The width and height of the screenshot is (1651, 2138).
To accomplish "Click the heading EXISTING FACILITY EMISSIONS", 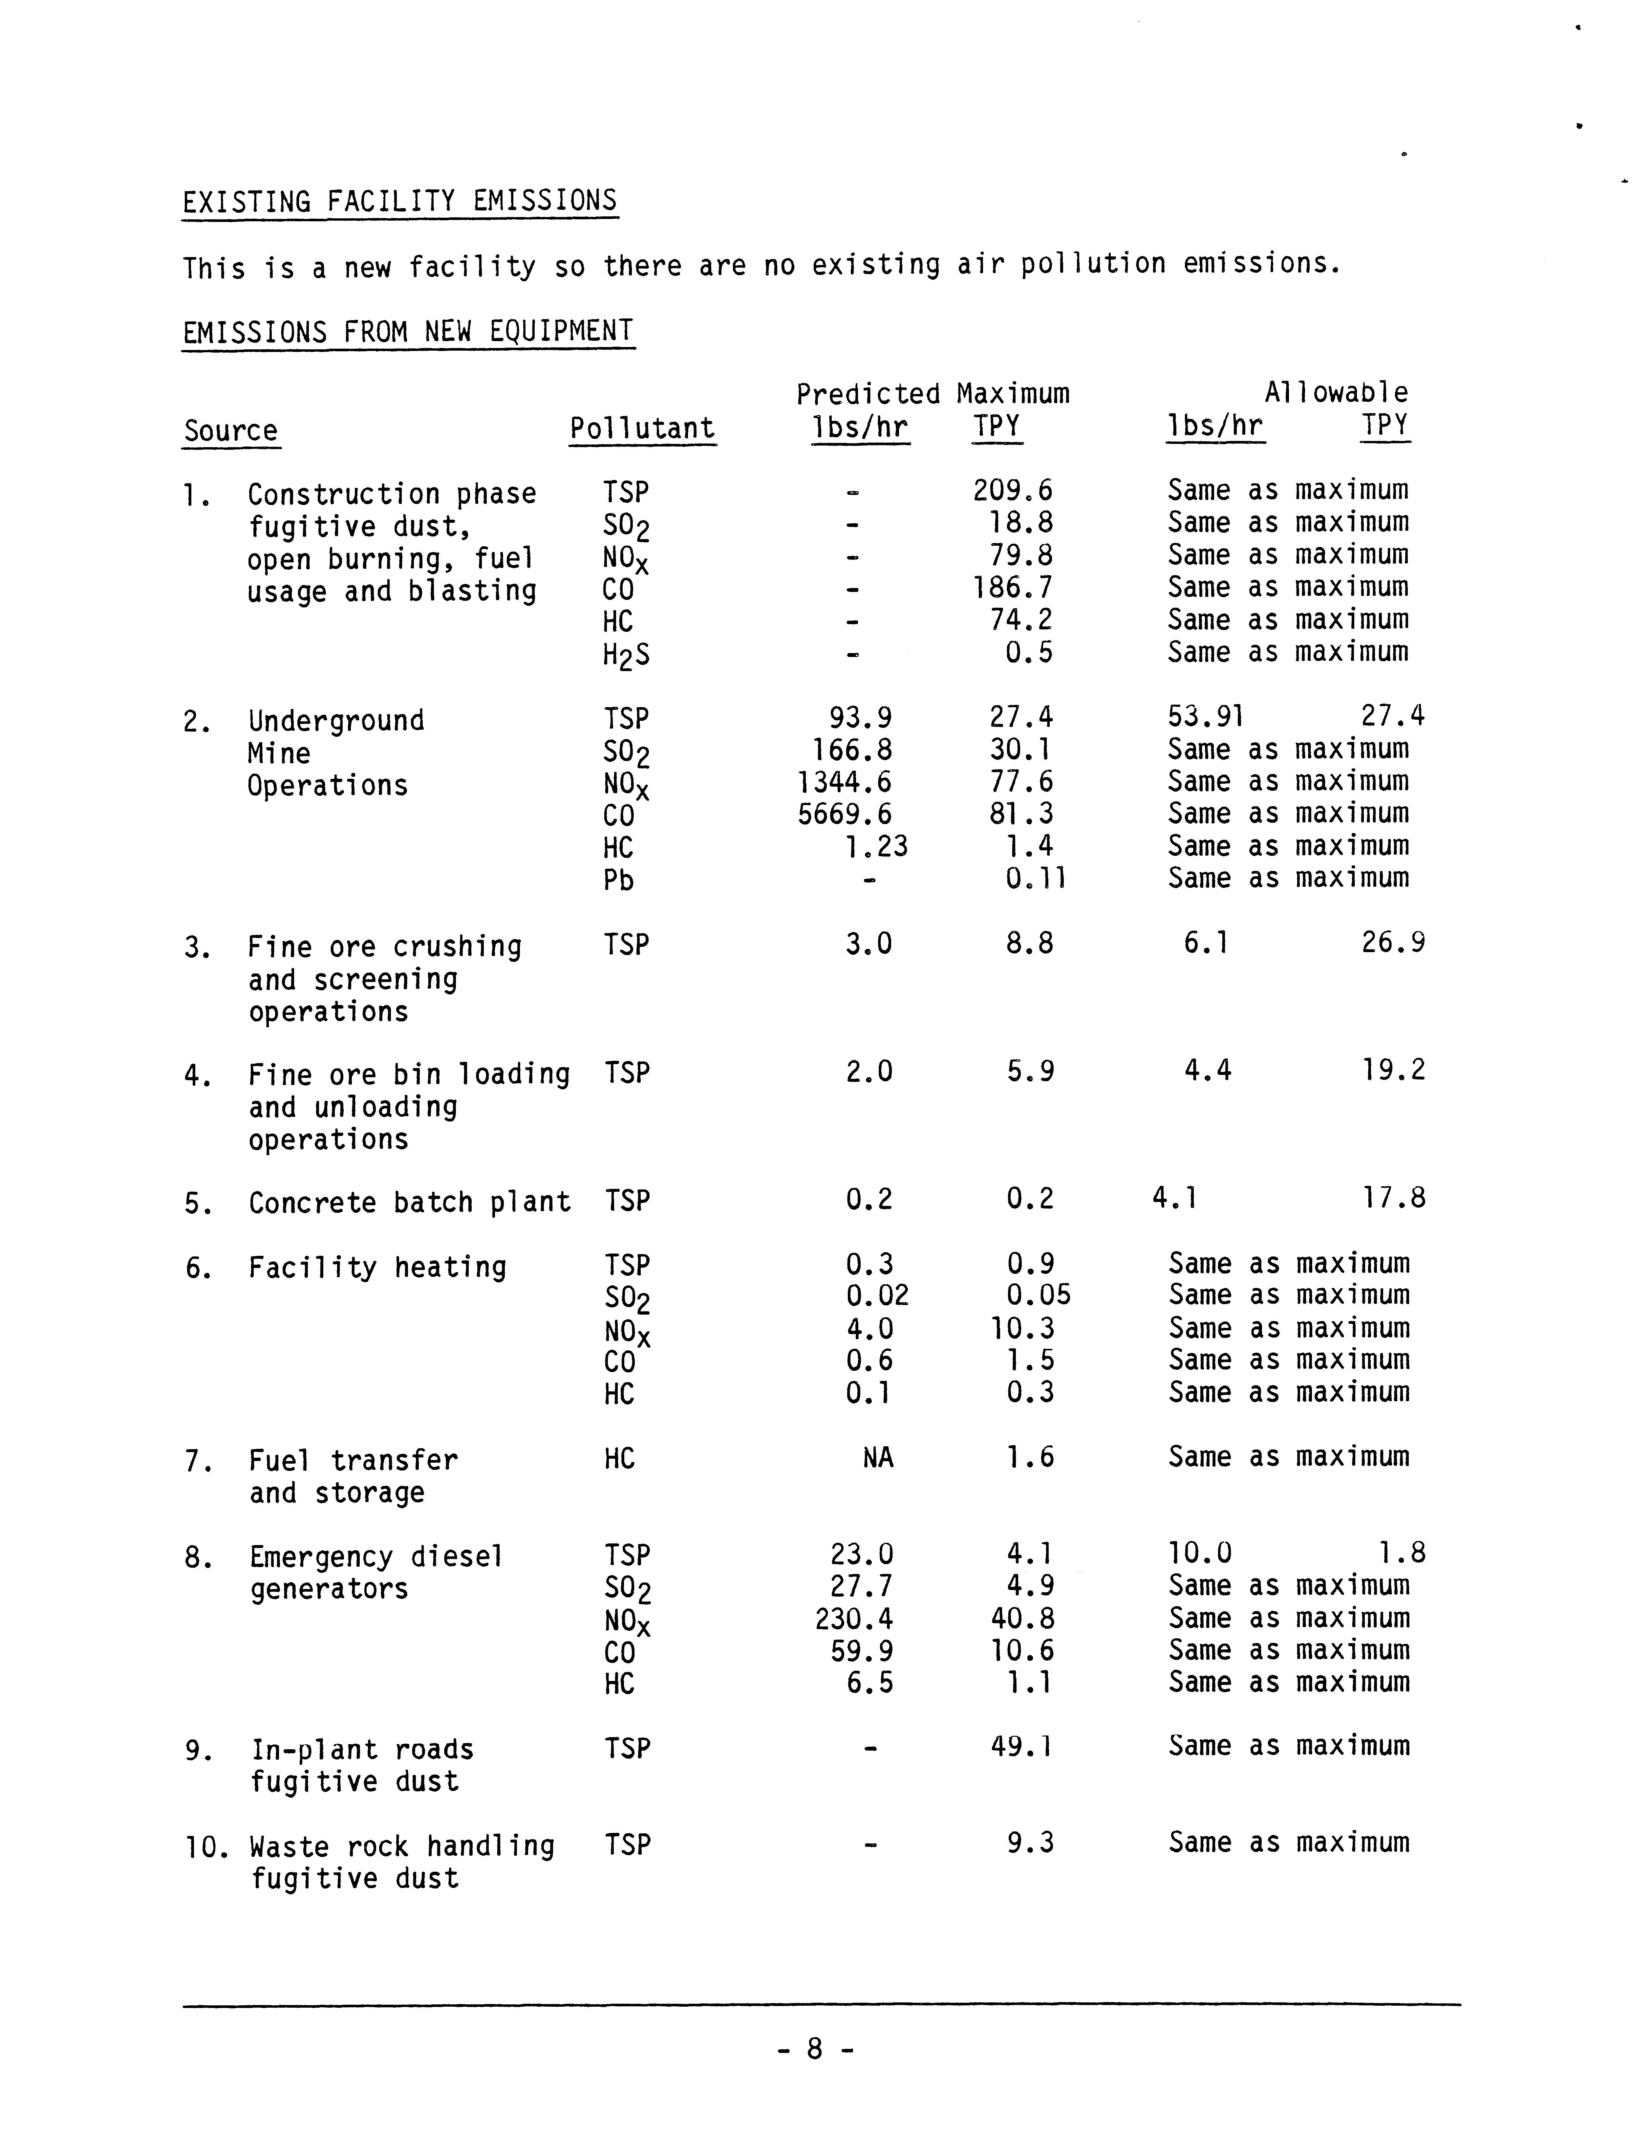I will [x=399, y=202].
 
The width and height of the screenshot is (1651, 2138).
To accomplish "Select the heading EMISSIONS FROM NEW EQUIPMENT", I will [x=408, y=332].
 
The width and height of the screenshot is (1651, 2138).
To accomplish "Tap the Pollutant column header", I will [x=642, y=429].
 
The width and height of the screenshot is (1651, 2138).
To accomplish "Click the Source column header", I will [x=231, y=431].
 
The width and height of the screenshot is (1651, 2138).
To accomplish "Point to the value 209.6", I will [x=1012, y=491].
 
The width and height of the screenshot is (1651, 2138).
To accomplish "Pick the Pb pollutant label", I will [x=618, y=880].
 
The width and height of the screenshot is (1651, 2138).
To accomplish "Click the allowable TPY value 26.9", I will [x=1393, y=943].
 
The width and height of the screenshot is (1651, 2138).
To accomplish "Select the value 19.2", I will [x=1393, y=1070].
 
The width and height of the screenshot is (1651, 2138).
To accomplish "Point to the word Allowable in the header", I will [x=1336, y=394].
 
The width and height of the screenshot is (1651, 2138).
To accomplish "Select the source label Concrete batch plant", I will [x=409, y=1202].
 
